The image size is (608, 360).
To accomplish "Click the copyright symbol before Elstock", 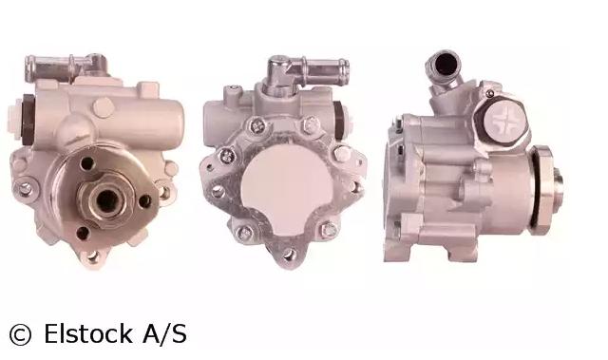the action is click(x=20, y=334).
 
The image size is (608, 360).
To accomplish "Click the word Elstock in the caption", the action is click(x=88, y=333).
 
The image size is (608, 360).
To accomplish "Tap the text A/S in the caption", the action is click(x=164, y=333).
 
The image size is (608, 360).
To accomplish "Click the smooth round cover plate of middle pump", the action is click(x=286, y=189).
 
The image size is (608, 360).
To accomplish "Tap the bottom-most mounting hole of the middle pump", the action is click(x=289, y=254).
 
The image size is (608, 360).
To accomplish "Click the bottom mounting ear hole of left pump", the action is click(x=92, y=256).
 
